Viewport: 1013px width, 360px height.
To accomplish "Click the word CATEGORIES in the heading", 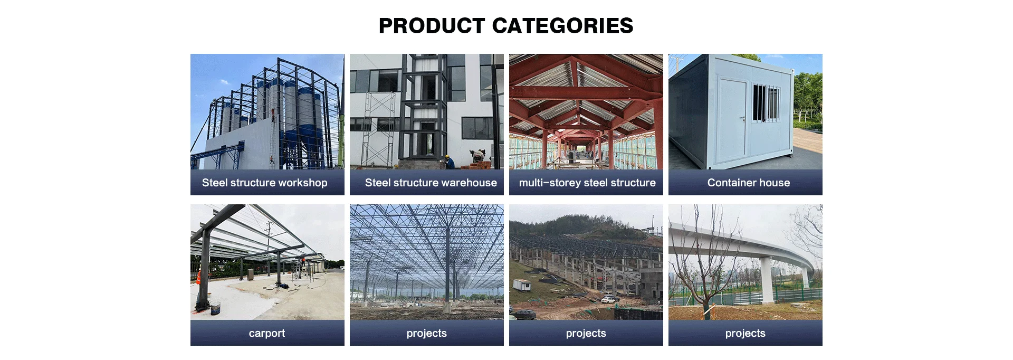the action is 562,26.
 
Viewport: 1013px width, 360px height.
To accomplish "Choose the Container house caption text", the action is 749,183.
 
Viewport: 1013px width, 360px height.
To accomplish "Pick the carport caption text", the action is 267,334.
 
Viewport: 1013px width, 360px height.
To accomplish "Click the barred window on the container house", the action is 766,102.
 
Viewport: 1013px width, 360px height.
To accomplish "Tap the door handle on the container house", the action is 742,119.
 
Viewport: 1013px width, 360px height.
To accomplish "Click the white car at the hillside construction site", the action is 608,300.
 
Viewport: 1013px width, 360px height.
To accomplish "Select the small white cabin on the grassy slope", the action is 522,285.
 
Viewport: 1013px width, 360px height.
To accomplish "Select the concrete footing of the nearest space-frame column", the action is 447,306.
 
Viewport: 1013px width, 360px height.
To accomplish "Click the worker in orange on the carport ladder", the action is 303,260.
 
